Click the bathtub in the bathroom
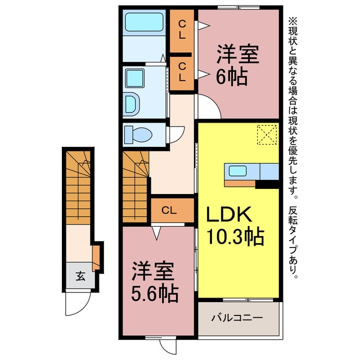coord(144,22)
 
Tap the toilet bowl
coord(138,134)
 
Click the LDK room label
coord(229,214)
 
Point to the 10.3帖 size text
coord(235,236)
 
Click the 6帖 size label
coord(232,77)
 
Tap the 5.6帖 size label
coord(155,294)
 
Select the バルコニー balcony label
coord(237,318)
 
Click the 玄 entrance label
coord(80,276)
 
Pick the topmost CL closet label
coord(182,29)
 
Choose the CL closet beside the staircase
coord(169,210)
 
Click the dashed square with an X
coord(267,134)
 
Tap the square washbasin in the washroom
coord(135,79)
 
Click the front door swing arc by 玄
coord(79,308)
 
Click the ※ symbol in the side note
coord(292,22)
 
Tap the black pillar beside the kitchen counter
coord(267,184)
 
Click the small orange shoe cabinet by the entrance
coord(96,258)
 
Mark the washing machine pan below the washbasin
coord(133,105)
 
